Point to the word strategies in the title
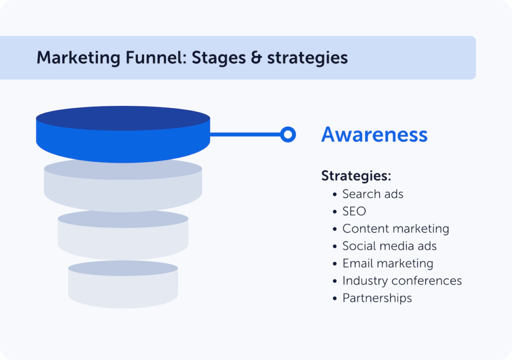coord(307,58)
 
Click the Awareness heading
coord(374,134)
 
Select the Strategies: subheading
coord(355,176)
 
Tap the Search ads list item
coord(372,194)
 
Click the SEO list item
coord(354,211)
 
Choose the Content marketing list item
coord(395,229)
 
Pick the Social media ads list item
coord(389,246)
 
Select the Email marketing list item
coord(387,263)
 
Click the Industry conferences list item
coord(402,281)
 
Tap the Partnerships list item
coord(377,298)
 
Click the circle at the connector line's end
coord(287,134)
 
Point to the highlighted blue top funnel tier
coord(123,135)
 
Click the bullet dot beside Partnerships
coord(335,298)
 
